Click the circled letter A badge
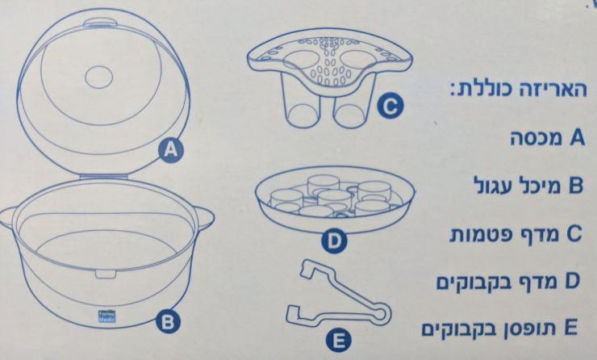coord(171,150)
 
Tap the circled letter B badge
coord(168,321)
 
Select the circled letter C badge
coord(390,107)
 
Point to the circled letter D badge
coord(334,241)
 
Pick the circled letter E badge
coord(339,341)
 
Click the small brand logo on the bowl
coord(106,316)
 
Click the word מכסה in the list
coord(536,139)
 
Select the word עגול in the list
coord(493,186)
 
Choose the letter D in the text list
coord(572,280)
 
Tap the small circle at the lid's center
coord(99,77)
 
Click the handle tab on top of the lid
coord(101,23)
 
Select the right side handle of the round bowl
coord(206,219)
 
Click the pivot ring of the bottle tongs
coord(380,313)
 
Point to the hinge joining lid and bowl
coord(104,177)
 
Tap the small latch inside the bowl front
coord(106,274)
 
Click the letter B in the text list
coord(576,186)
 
